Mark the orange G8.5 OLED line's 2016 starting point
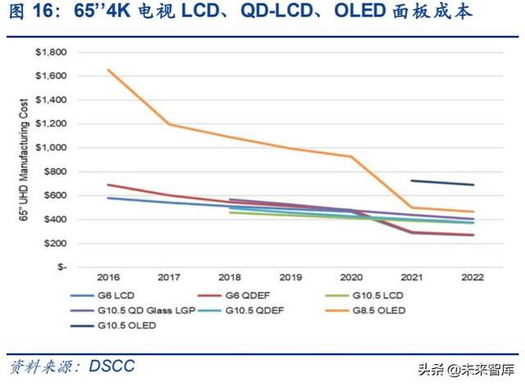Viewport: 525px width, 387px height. tap(109, 70)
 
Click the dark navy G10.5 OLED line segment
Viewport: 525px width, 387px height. tap(443, 183)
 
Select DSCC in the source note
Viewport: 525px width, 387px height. tap(109, 365)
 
